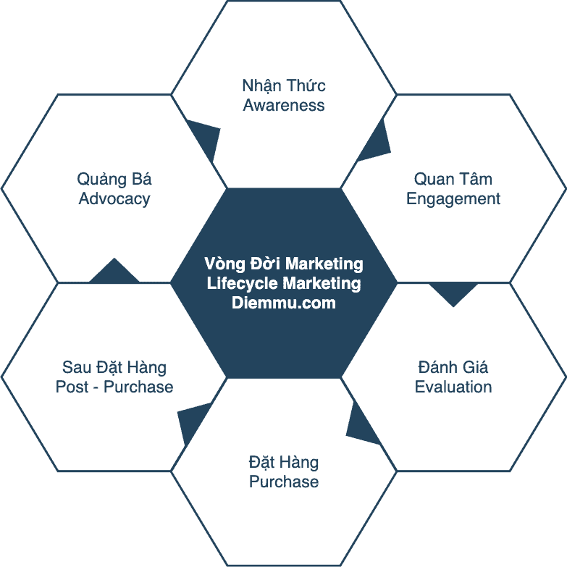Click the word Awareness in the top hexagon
point(284,105)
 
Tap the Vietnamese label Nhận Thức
point(284,85)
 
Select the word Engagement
point(453,198)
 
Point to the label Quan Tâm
point(453,179)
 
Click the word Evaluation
point(453,387)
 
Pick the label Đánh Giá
point(453,366)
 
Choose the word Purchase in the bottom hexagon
point(284,482)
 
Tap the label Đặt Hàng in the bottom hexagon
point(284,462)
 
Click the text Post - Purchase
point(114,387)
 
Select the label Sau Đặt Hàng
point(114,366)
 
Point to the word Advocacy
point(114,198)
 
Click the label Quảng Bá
point(114,179)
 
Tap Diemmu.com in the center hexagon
point(284,303)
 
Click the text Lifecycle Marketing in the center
point(284,283)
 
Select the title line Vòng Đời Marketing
point(284,264)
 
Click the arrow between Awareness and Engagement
point(375,144)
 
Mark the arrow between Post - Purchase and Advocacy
point(114,272)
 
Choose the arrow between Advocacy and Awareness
point(206,139)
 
